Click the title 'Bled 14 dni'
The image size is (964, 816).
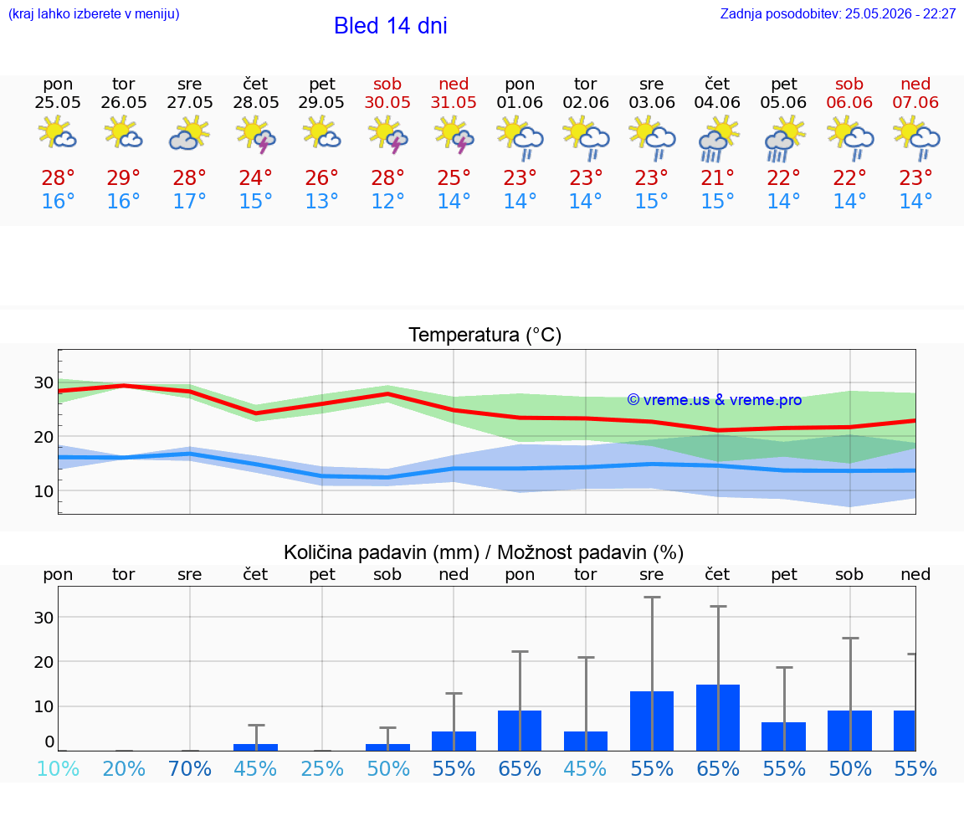(x=391, y=26)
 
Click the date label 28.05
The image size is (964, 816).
(x=256, y=102)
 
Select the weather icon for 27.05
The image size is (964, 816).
(x=189, y=133)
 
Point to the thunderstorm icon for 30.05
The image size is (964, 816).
(x=387, y=135)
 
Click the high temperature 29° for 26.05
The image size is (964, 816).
(x=124, y=177)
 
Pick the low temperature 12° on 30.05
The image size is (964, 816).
(x=387, y=201)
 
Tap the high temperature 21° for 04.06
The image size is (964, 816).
(x=717, y=177)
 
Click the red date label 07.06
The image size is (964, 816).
(x=915, y=102)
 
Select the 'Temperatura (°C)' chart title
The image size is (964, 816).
(x=485, y=335)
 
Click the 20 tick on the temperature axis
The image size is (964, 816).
(x=44, y=437)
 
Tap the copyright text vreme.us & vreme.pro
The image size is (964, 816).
(x=714, y=400)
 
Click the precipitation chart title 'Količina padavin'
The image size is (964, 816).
(x=382, y=552)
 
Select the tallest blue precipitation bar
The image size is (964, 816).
(x=717, y=717)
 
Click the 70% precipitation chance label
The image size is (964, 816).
(x=189, y=768)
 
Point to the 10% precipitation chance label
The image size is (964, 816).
(x=58, y=768)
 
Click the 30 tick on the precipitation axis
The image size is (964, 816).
(x=44, y=618)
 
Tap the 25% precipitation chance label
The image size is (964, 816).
(x=322, y=768)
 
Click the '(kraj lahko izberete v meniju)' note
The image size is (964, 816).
(x=94, y=13)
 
